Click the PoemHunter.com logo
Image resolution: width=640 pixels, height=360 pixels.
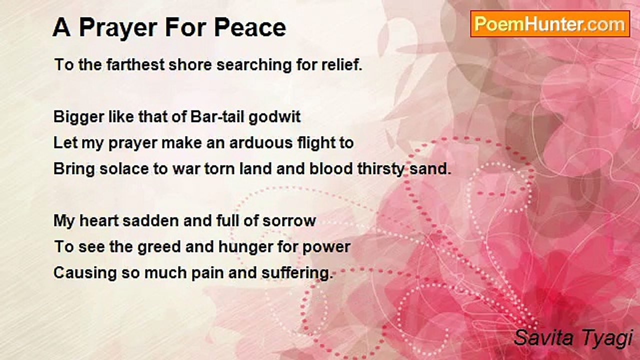point(550,24)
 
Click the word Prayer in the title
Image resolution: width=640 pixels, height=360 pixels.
point(118,28)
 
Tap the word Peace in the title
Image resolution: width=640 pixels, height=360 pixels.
point(249,27)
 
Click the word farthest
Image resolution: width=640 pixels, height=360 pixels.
point(135,64)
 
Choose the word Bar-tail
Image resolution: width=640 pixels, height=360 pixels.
point(217,116)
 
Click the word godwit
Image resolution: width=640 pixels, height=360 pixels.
point(274,117)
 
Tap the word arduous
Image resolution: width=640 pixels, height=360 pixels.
point(261,142)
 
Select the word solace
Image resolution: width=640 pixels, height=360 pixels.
point(124,169)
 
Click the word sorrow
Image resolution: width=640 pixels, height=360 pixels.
point(289,221)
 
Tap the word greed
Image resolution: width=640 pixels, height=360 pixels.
point(159,247)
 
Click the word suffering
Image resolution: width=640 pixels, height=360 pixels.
point(297,273)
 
